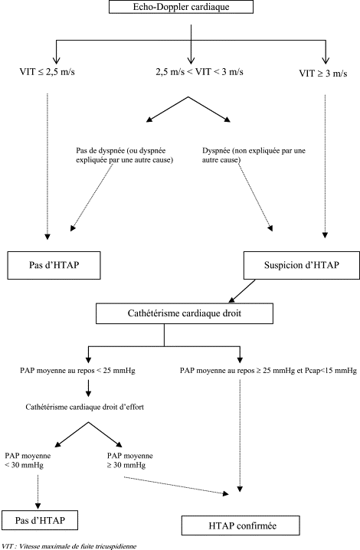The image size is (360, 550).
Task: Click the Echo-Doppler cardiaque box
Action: pos(181,7)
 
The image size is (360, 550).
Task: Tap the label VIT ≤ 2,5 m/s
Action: pos(47,72)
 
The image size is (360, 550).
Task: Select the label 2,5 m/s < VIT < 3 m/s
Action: pos(200,72)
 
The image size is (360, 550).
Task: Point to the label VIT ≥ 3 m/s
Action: pos(323,74)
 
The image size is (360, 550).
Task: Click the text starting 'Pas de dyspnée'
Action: pos(125,156)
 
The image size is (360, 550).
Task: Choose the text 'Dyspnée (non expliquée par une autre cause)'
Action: pos(254,156)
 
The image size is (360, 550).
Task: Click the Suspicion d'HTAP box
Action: pos(301,265)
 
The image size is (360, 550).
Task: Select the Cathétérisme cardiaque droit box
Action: pos(184,313)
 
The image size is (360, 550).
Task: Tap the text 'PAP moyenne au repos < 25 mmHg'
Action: pos(77,371)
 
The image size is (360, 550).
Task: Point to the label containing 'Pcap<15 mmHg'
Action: pos(268,371)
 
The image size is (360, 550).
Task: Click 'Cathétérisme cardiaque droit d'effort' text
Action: pos(84,407)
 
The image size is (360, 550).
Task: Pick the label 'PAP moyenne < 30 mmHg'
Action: pos(28,460)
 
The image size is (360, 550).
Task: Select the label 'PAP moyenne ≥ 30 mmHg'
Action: pos(129,460)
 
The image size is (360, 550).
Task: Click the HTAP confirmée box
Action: pos(241,525)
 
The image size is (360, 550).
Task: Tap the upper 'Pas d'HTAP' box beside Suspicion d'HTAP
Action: pos(54,265)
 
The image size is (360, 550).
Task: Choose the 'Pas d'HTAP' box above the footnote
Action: pos(40,520)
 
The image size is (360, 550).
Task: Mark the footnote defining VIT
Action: pos(69,546)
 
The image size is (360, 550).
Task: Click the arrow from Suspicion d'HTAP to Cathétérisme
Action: pos(242,291)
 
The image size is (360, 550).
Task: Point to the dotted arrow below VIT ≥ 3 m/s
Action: pos(325,166)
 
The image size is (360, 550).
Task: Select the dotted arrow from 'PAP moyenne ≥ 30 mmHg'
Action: pos(176,486)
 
